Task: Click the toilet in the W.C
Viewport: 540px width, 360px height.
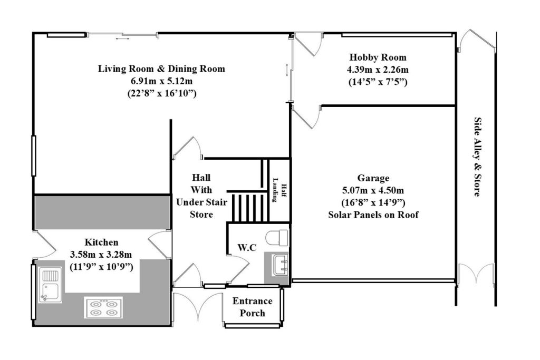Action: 277,238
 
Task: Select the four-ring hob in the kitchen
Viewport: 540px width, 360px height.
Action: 103,307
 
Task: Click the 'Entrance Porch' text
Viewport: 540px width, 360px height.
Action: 253,307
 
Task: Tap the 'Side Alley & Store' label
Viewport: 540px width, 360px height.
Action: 476,157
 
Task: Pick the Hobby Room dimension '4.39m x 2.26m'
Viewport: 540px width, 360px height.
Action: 378,70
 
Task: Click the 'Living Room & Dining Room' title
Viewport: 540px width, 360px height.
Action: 161,69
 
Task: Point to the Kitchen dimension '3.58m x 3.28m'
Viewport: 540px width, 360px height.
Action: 101,255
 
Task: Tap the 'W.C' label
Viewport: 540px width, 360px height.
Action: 246,247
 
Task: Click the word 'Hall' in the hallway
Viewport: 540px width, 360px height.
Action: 201,178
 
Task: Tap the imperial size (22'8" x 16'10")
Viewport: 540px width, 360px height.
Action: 161,93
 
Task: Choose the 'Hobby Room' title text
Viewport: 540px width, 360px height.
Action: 378,57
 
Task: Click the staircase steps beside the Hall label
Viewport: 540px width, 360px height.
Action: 248,206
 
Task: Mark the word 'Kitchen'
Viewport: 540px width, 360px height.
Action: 101,242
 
